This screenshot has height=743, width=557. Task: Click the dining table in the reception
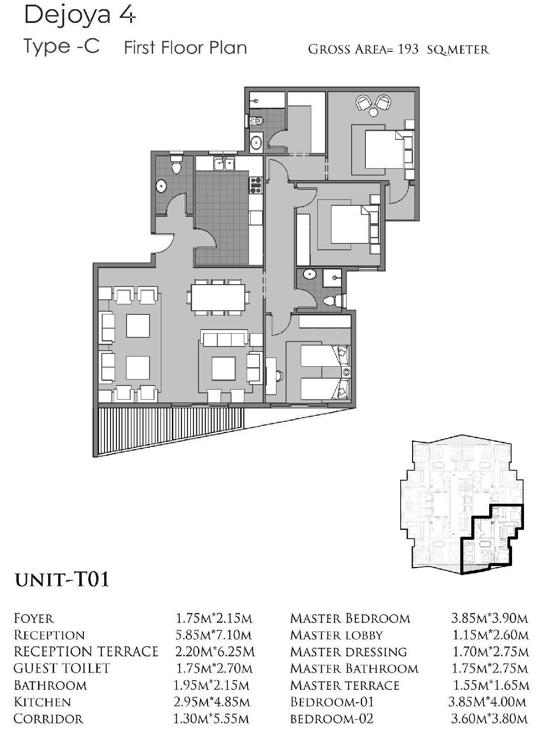pos(218,297)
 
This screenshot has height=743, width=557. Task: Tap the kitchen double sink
pos(224,164)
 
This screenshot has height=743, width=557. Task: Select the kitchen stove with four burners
pos(256,186)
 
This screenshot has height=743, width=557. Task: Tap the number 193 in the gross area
pos(408,50)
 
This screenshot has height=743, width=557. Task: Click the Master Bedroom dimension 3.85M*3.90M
pos(489,619)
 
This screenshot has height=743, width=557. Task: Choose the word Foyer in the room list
pos(34,619)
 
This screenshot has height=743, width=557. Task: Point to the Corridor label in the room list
pos(49,719)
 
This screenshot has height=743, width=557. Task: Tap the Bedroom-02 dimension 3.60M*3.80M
pos(489,719)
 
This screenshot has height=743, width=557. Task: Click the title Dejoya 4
pos(80,15)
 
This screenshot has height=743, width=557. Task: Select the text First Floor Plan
pos(186,48)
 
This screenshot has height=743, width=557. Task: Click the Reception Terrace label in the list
pos(86,652)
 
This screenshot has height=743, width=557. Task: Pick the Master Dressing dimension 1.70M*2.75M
pos(491,652)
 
